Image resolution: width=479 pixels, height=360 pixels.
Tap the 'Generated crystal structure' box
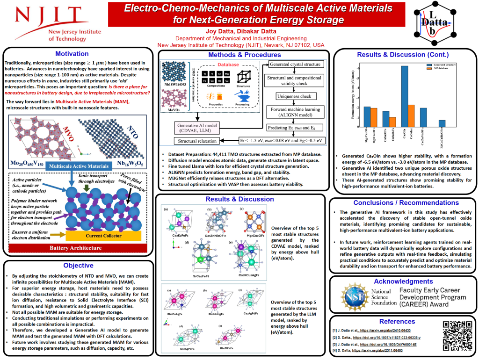pos(295,64)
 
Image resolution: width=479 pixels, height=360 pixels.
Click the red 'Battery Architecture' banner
pos(77,247)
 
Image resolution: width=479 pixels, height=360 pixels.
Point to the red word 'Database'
pos(226,65)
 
